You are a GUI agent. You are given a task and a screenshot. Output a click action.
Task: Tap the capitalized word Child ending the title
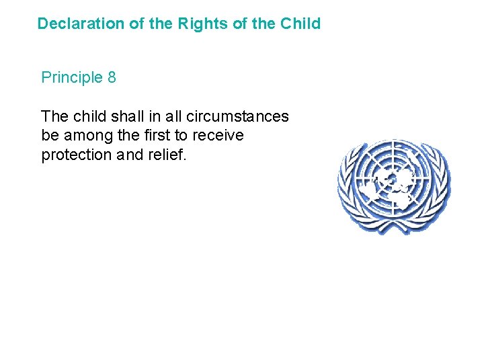(300, 24)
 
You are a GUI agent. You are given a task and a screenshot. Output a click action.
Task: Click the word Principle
(71, 78)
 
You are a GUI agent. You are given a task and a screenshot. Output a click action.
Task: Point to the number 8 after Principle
(111, 78)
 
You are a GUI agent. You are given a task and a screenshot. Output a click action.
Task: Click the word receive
(218, 135)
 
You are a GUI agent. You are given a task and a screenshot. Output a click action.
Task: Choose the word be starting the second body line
(50, 135)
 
